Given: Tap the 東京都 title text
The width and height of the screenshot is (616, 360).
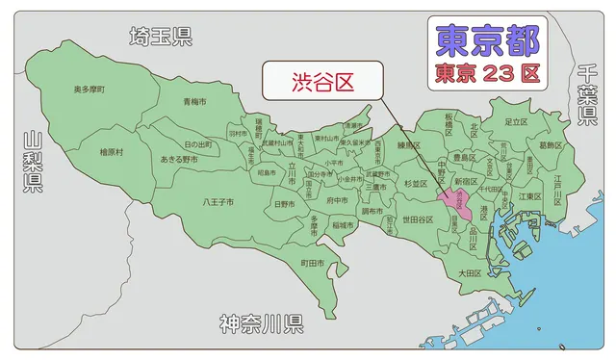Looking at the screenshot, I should click(x=487, y=39).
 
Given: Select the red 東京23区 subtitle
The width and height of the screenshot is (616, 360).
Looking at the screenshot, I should click(x=487, y=72).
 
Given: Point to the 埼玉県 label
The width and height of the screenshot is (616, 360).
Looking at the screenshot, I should click(x=161, y=38).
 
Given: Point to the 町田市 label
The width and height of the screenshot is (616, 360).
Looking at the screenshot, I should click(x=312, y=263).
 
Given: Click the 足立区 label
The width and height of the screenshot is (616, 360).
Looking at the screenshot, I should click(x=517, y=122).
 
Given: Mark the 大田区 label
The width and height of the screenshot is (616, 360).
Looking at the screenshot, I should click(x=469, y=273).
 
